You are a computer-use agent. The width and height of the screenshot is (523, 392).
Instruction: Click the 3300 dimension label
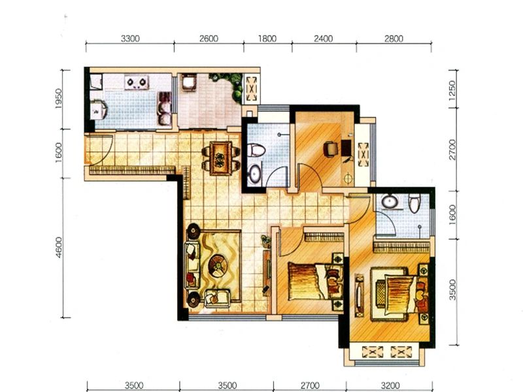[x=130, y=39]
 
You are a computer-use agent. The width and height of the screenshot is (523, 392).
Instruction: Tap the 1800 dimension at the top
[x=267, y=39]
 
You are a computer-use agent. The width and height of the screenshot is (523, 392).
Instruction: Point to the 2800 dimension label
[x=394, y=39]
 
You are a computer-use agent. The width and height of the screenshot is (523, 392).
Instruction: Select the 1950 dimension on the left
[x=58, y=99]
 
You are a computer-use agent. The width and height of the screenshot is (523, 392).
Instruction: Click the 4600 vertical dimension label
[x=59, y=248]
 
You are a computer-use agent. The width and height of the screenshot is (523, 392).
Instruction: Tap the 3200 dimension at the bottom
[x=390, y=385]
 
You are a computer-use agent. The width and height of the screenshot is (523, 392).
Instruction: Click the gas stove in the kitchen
[x=137, y=82]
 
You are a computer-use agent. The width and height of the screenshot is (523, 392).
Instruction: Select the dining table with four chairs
[x=220, y=158]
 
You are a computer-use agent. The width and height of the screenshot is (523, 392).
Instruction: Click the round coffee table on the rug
[x=218, y=265]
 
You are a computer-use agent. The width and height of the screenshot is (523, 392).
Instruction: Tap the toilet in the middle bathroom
[x=256, y=150]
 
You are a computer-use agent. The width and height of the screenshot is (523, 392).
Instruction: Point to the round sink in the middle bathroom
[x=255, y=174]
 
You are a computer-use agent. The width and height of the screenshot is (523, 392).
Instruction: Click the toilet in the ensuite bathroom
[x=414, y=203]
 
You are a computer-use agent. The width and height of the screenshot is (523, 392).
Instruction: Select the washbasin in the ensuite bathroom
[x=389, y=202]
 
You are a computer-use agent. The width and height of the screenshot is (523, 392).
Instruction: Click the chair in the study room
[x=331, y=148]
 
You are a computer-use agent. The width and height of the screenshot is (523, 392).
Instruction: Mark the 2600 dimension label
[x=209, y=39]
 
